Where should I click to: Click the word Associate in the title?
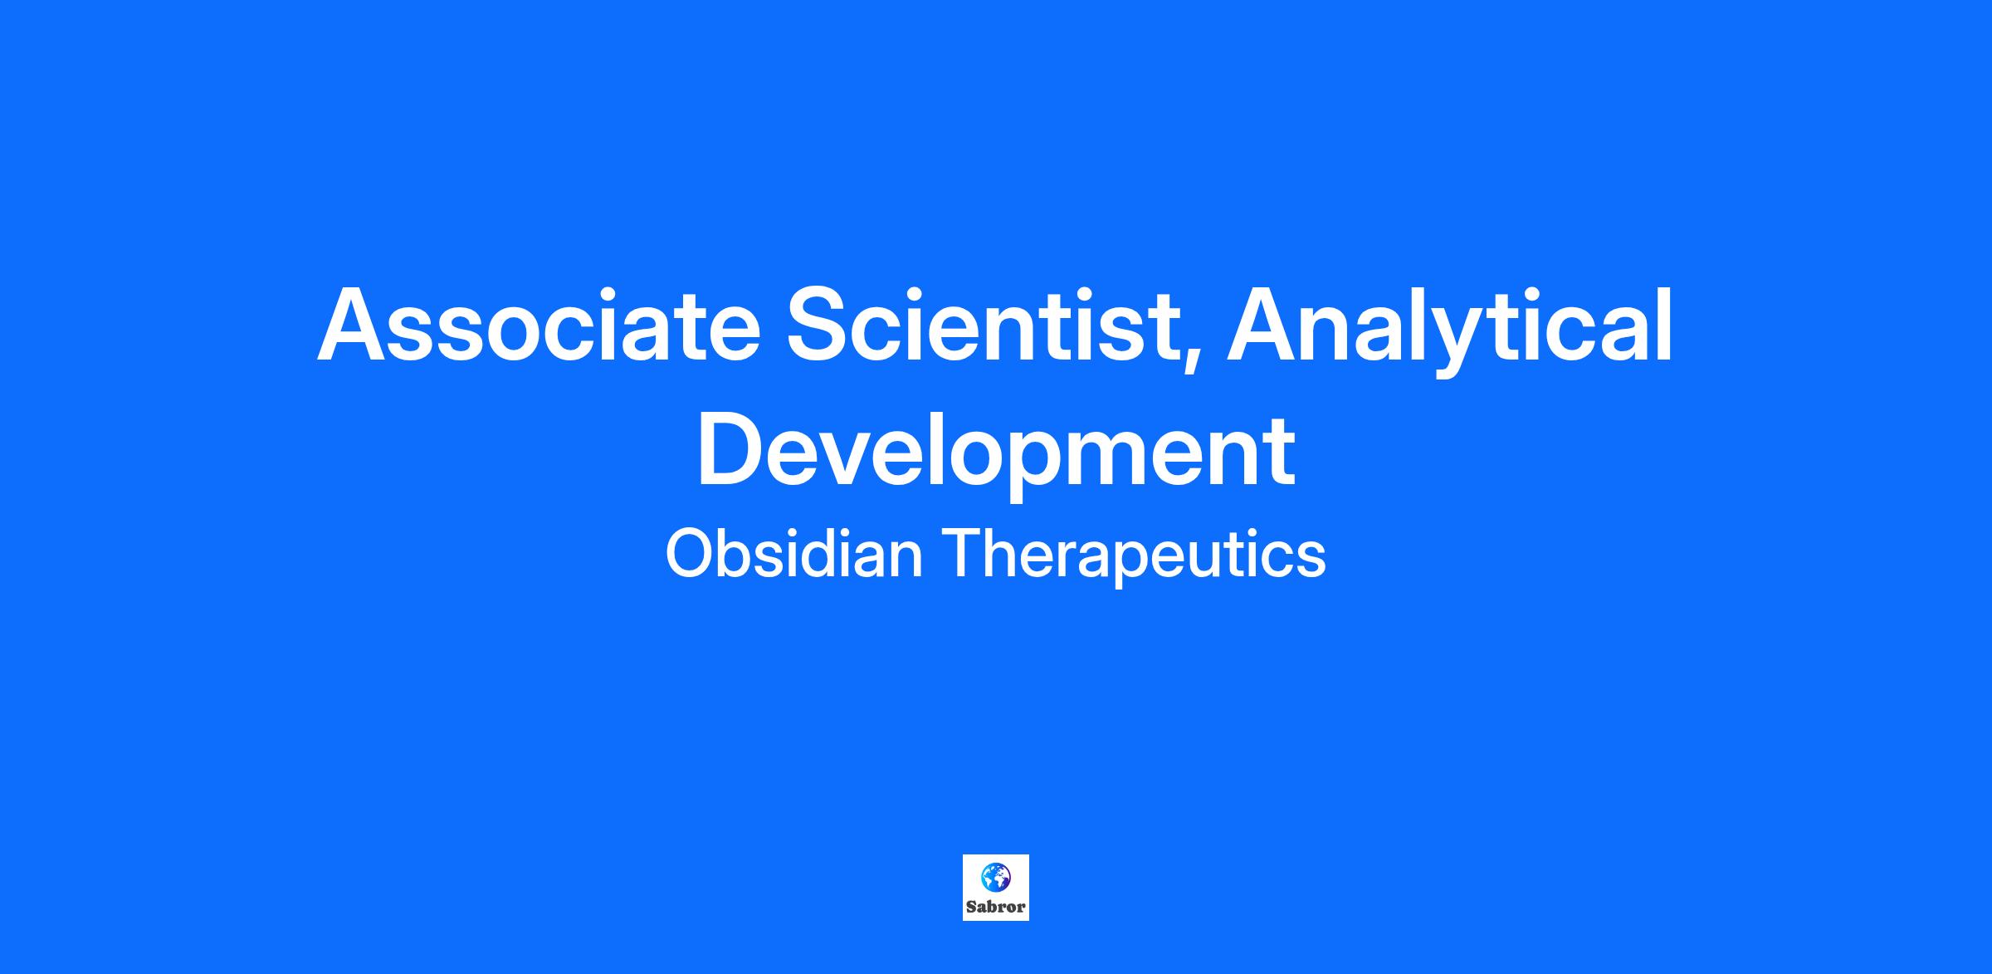coord(539,325)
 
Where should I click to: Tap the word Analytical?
coord(1450,330)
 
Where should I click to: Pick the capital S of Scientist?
coord(820,325)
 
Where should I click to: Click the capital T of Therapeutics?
coord(960,555)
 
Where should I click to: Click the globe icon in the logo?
coord(996,876)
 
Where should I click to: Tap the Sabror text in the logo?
coord(996,907)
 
